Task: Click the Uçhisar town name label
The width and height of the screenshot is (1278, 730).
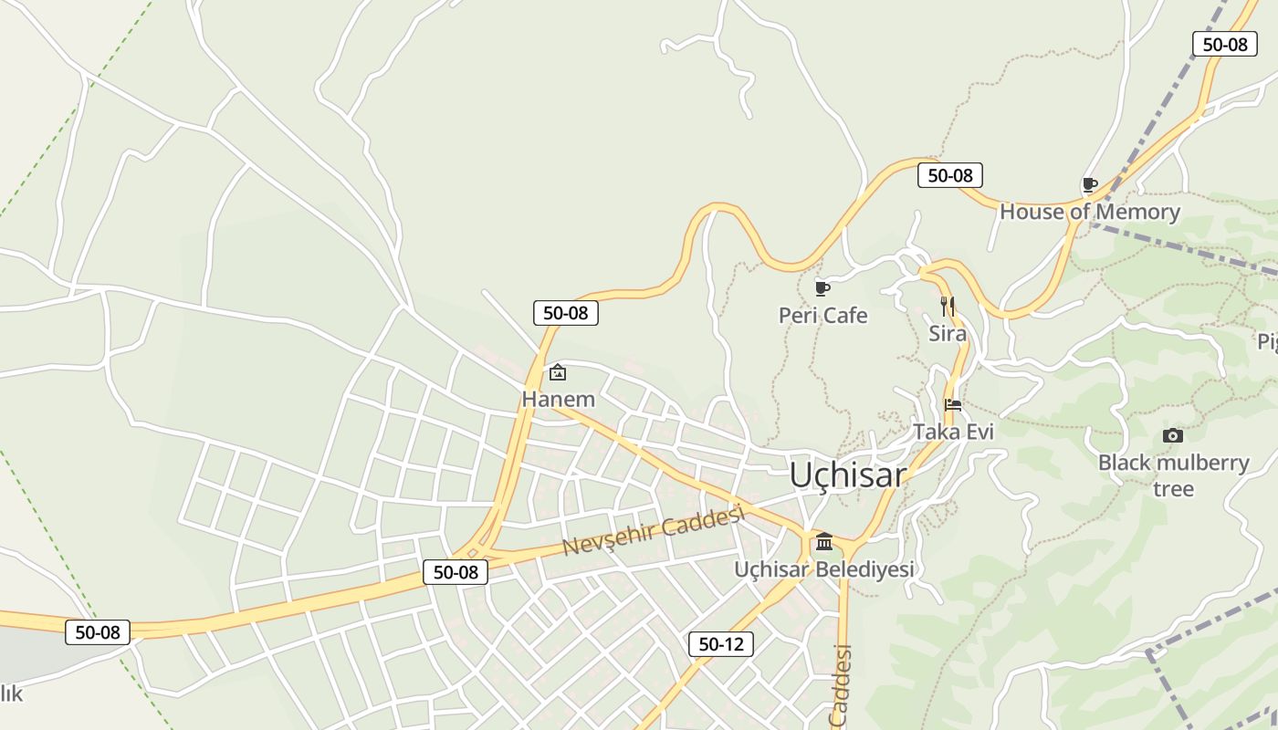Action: coord(847,475)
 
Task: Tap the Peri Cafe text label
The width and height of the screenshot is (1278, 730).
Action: coord(822,316)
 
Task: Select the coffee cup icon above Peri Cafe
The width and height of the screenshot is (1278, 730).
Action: coord(822,289)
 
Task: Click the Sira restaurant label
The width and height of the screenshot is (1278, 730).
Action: coord(948,334)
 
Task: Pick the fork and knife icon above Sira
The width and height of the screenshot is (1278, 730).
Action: coord(948,307)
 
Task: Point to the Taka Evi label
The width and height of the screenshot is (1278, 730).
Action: coord(953,432)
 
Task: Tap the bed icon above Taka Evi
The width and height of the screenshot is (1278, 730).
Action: coord(953,405)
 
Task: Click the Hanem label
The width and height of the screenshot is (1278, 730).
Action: coord(558,400)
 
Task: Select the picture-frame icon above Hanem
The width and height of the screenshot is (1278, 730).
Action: coord(558,372)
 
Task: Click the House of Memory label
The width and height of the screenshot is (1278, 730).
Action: coord(1090,212)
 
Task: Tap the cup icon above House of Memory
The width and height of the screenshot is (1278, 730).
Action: coord(1089,185)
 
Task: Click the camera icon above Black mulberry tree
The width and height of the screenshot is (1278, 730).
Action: coord(1173,436)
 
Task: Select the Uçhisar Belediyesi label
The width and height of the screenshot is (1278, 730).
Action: coord(824,569)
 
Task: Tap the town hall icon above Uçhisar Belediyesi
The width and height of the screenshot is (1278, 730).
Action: coord(824,542)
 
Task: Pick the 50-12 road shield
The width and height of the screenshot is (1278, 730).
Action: coord(721,644)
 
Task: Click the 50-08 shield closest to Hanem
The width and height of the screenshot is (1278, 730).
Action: coord(566,313)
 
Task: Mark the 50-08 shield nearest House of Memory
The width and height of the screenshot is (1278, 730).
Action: coord(950,175)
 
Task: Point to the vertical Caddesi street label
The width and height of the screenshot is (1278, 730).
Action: coord(841,685)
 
